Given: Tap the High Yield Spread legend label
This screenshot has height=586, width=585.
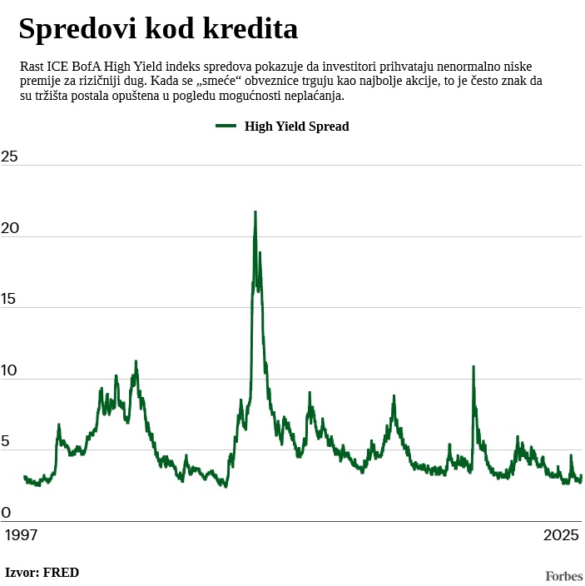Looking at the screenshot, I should tap(296, 127).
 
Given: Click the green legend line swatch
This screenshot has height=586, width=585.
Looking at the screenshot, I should tap(226, 126).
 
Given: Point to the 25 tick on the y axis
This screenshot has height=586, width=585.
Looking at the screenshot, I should tap(9, 156).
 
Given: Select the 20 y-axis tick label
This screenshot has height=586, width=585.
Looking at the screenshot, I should tap(9, 229).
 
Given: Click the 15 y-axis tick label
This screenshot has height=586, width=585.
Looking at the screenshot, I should tap(9, 300).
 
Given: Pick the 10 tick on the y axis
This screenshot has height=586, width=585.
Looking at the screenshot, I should tap(9, 371).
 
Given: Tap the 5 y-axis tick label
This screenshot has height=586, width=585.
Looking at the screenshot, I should tap(6, 442).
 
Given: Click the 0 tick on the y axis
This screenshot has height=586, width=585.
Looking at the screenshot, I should tap(6, 513).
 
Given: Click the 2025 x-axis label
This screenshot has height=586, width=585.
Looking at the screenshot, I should tap(561, 535).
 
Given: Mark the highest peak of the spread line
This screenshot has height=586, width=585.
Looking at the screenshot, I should tap(255, 212).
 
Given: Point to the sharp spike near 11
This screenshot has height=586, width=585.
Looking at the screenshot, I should tap(473, 367).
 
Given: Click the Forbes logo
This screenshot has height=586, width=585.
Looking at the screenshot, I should tap(563, 575).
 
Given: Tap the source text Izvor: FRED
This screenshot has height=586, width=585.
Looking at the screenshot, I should tap(42, 572).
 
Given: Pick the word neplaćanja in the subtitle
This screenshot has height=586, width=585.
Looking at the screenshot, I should tap(315, 96).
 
